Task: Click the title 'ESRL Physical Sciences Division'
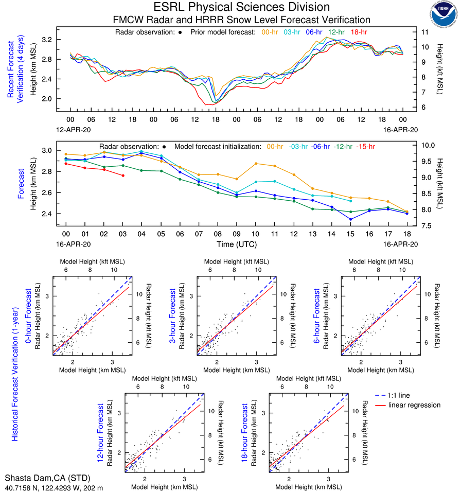pyautogui.click(x=242, y=7)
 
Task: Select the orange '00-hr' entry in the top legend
pyautogui.click(x=270, y=32)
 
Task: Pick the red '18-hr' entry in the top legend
pyautogui.click(x=359, y=32)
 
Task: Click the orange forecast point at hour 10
pyautogui.click(x=256, y=164)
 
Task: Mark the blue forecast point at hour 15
pyautogui.click(x=350, y=219)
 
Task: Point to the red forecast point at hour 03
pyautogui.click(x=122, y=175)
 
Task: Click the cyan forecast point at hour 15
pyautogui.click(x=350, y=201)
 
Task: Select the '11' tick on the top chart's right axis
pyautogui.click(x=425, y=32)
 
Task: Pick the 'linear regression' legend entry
pyautogui.click(x=415, y=405)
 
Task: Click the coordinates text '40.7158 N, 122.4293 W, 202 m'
pyautogui.click(x=54, y=486)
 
